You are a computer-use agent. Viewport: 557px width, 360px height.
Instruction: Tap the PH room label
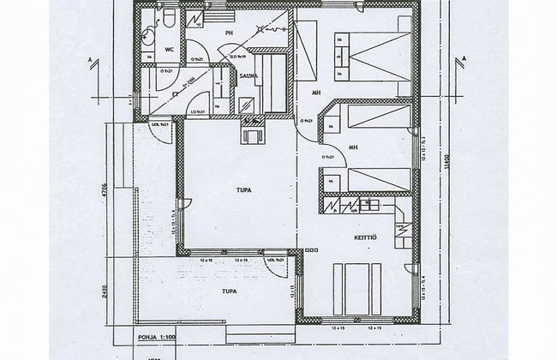[229, 33]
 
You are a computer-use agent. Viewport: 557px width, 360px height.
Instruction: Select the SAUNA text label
[250, 75]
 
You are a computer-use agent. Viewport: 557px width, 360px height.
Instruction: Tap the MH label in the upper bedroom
[316, 93]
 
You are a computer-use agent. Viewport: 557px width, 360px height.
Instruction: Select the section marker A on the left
[90, 59]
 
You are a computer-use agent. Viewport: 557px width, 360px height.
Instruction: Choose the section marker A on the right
[462, 59]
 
